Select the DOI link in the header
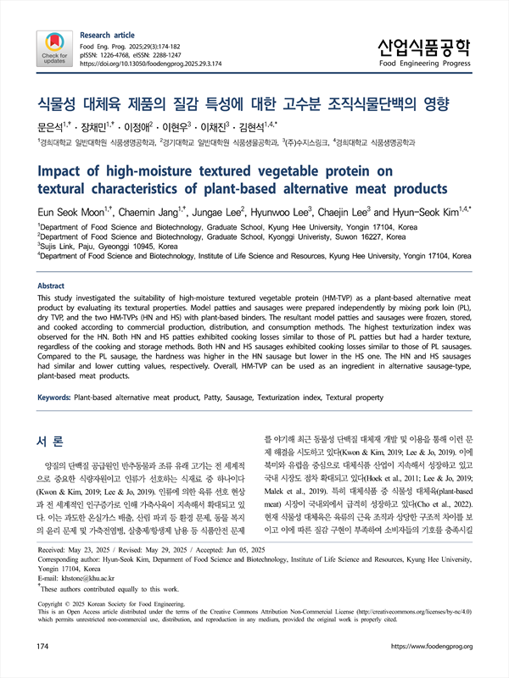(x=150, y=64)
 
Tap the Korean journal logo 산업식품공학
(x=424, y=45)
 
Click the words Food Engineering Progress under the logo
(x=424, y=63)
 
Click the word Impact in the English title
(x=69, y=170)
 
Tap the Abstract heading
(x=57, y=286)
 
